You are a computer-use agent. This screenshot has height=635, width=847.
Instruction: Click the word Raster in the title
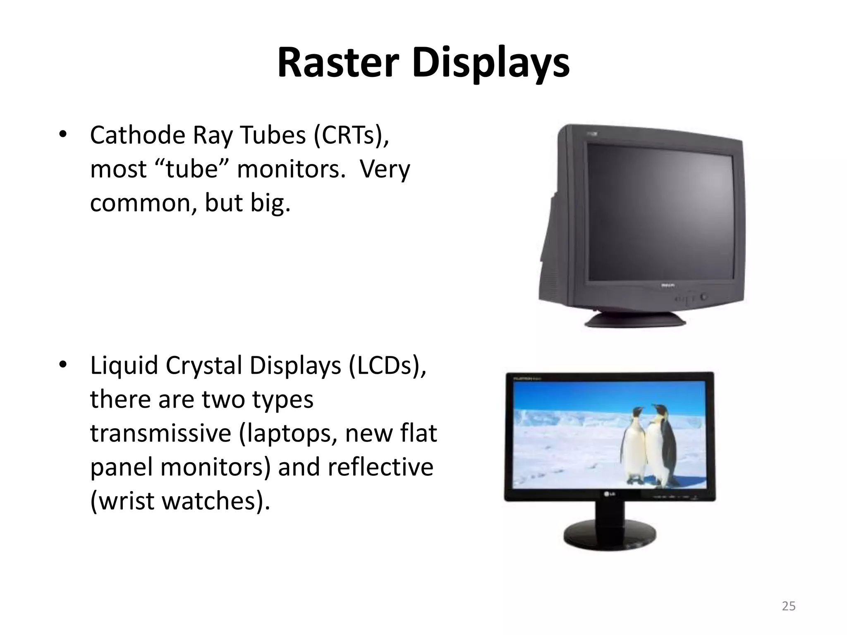tap(338, 63)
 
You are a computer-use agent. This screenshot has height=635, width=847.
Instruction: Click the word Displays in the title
tap(490, 63)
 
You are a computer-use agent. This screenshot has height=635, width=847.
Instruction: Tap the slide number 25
tap(789, 606)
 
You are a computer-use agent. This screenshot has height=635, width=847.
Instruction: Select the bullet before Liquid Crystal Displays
tap(62, 365)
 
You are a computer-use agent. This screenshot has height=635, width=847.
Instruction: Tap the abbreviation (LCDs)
tap(387, 365)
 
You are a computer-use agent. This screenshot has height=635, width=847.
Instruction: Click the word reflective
tap(380, 467)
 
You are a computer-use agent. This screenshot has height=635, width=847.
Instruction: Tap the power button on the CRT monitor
tap(703, 297)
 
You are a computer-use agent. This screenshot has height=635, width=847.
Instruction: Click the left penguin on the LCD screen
tap(633, 446)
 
